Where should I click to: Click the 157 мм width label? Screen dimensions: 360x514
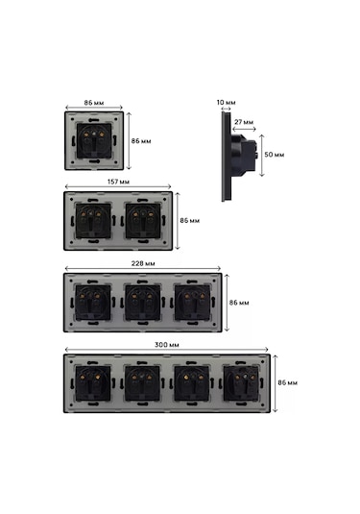[x=118, y=182]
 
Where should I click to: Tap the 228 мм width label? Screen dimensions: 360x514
[x=143, y=263]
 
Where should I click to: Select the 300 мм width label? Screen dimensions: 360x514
[x=166, y=345]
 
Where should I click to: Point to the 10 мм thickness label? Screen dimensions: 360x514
[x=226, y=102]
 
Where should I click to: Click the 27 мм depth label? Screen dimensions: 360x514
[x=244, y=122]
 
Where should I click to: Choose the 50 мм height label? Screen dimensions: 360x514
[x=275, y=155]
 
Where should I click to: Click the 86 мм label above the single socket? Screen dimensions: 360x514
[x=94, y=103]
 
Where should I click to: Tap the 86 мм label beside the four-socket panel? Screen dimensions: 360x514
[x=288, y=382]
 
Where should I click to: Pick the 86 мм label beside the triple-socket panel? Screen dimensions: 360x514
[x=239, y=303]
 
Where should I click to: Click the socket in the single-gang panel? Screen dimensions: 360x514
[x=94, y=141]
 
